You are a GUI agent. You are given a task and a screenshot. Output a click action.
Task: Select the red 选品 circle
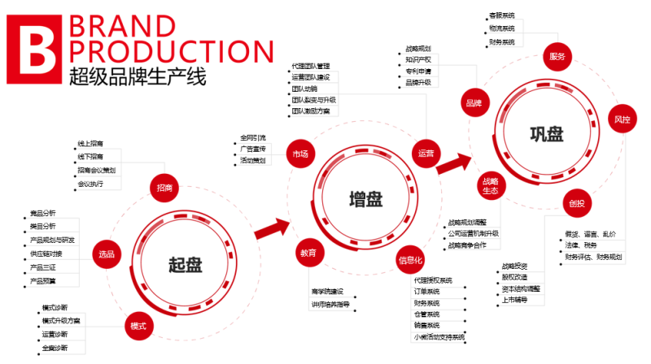click(107, 252)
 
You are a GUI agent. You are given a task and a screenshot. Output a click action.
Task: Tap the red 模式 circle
click(138, 325)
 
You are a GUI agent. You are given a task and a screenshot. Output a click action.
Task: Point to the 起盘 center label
click(186, 265)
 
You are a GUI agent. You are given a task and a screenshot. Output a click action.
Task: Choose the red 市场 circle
click(300, 154)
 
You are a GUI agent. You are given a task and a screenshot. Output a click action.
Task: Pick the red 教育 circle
click(307, 253)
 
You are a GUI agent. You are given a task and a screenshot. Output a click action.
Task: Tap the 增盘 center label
click(365, 199)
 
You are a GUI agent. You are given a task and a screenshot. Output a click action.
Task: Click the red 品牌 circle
click(474, 103)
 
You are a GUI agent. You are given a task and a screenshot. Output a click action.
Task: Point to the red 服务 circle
click(557, 57)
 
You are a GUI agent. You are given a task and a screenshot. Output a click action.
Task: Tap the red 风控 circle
click(622, 119)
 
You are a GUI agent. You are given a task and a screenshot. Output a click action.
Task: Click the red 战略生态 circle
click(490, 186)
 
